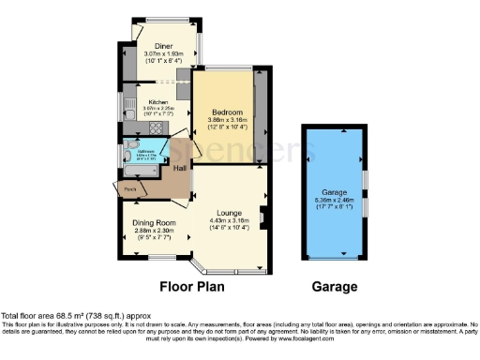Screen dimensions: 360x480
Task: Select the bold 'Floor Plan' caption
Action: [x=196, y=287]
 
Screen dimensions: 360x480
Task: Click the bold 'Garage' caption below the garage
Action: [x=335, y=287]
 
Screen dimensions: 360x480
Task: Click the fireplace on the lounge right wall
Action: [x=263, y=220]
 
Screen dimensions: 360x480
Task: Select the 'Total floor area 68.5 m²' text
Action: [x=75, y=317]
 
